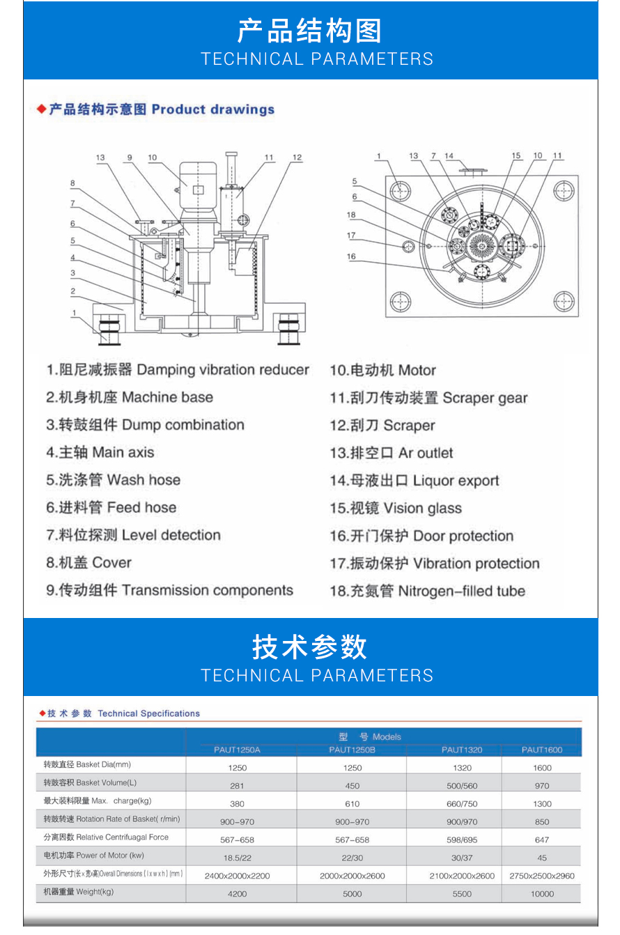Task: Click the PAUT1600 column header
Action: [x=541, y=750]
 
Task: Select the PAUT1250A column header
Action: [x=237, y=750]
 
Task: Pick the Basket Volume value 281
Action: [x=237, y=785]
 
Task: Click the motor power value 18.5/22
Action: [x=237, y=858]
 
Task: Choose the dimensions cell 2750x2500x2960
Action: [x=541, y=876]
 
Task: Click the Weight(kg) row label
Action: [x=78, y=891]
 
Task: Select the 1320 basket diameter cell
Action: [x=462, y=768]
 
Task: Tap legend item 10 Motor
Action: [x=382, y=371]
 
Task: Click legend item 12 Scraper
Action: [x=382, y=426]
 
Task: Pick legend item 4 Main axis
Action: [x=100, y=453]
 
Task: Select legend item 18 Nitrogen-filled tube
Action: [x=427, y=592]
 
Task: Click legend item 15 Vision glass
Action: [x=395, y=509]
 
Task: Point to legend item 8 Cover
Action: [x=88, y=563]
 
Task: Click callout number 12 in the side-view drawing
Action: [x=297, y=157]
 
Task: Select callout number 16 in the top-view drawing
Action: [x=351, y=256]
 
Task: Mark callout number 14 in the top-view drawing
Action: [x=449, y=155]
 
